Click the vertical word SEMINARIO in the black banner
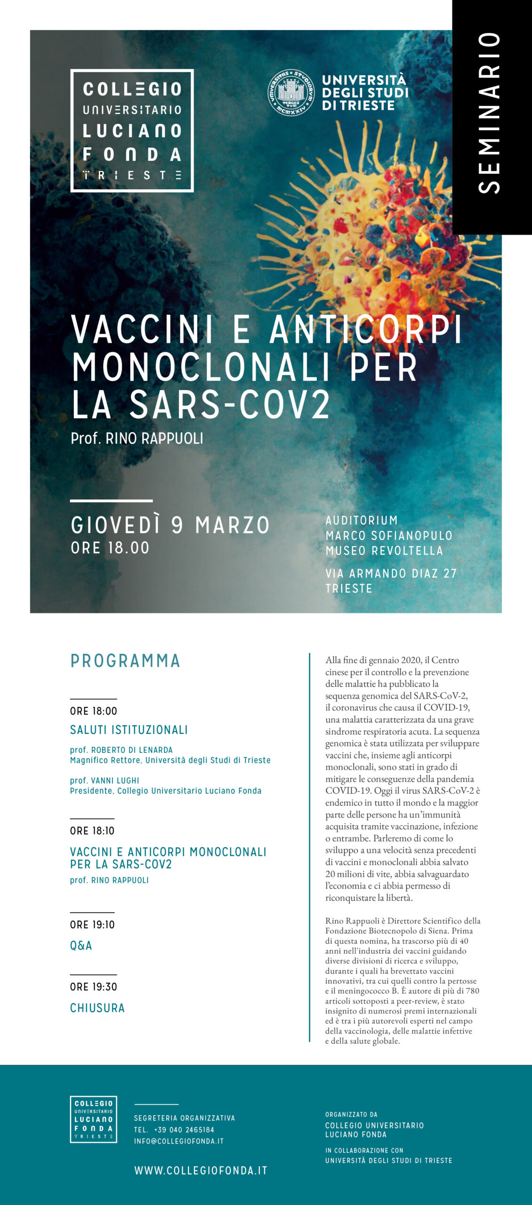point(490,113)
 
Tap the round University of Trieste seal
point(291,93)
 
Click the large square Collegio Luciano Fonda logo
point(132,131)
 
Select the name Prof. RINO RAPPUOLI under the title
point(137,439)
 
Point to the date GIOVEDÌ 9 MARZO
point(170,525)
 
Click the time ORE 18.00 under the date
point(110,548)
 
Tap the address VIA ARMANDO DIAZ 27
point(391,573)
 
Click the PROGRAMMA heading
point(125,661)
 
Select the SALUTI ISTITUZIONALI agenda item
point(129,730)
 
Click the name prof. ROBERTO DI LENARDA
point(121,750)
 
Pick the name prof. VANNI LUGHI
point(105,780)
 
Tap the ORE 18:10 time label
point(92,831)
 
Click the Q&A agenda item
point(81,946)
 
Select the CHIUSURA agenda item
point(97,1008)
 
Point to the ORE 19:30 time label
point(94,987)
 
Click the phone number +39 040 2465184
point(184,1130)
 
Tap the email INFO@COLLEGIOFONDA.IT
point(178,1141)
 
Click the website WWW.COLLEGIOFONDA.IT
point(201,1171)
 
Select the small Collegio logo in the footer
point(93,1119)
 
